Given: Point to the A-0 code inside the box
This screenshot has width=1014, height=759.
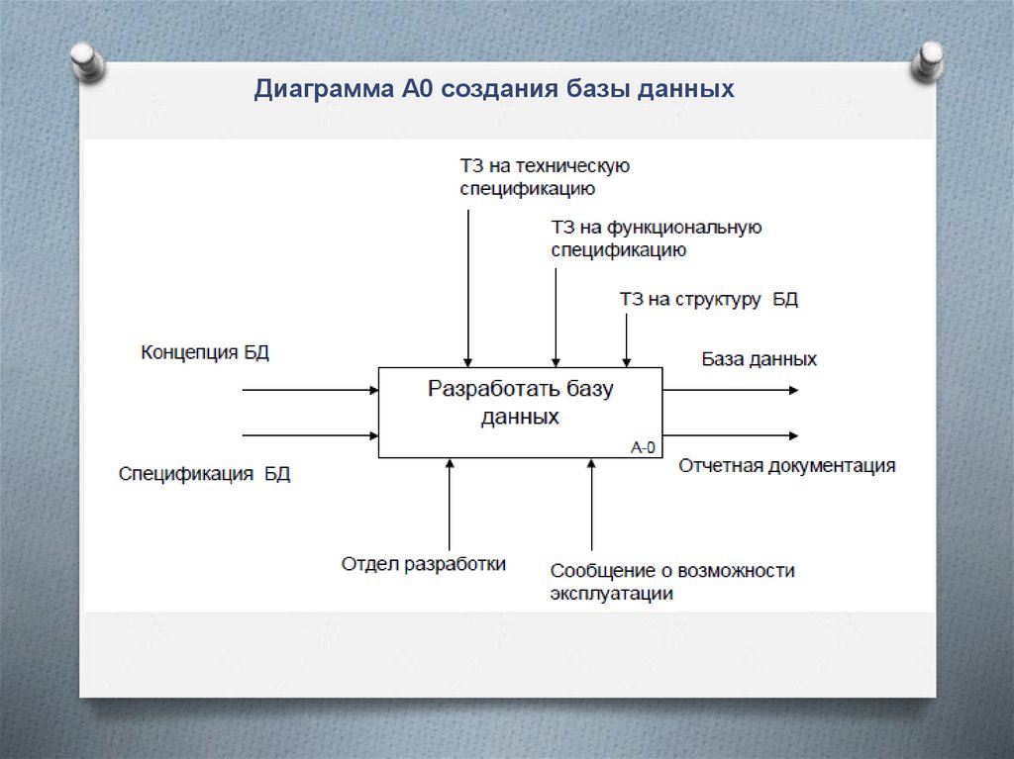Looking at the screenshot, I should (x=644, y=446).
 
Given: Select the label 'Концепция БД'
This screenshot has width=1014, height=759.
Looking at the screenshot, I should (x=205, y=352).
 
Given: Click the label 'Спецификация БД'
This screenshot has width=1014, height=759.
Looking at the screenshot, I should (x=205, y=474).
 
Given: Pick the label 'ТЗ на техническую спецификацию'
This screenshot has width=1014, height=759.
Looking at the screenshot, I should (x=545, y=176).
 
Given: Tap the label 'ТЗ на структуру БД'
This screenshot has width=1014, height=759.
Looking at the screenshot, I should (x=708, y=300).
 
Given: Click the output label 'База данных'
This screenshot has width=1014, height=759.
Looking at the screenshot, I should (x=760, y=359).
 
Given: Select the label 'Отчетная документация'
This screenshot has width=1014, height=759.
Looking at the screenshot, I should (x=786, y=466).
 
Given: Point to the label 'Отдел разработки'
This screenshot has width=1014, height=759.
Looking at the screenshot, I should (x=424, y=564).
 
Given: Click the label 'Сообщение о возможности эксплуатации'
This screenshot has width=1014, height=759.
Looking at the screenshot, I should (x=672, y=582).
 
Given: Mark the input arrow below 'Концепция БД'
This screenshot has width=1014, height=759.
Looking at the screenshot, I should (x=310, y=390).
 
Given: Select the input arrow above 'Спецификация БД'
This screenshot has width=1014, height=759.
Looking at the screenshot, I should (x=310, y=434).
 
